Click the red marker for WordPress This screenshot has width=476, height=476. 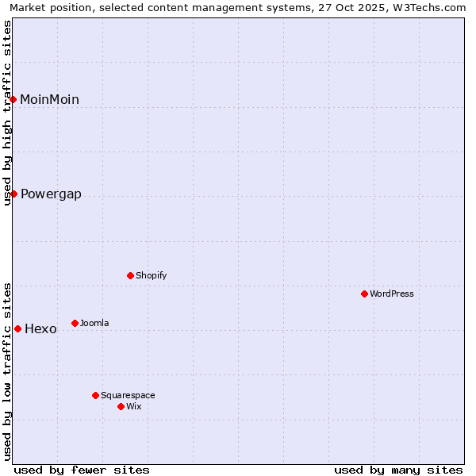pyautogui.click(x=364, y=294)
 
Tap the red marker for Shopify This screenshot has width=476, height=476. pyautogui.click(x=130, y=275)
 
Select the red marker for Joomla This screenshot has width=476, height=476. pyautogui.click(x=75, y=323)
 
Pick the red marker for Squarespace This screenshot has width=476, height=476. pyautogui.click(x=95, y=395)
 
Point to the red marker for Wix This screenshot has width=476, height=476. pyautogui.click(x=121, y=406)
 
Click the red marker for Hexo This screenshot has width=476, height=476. pyautogui.click(x=17, y=328)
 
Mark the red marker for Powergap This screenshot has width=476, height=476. pyautogui.click(x=13, y=194)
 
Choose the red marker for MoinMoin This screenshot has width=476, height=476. pyautogui.click(x=13, y=99)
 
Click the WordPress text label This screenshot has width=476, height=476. pyautogui.click(x=392, y=294)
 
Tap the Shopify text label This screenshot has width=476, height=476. pyautogui.click(x=151, y=275)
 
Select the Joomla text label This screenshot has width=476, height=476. pyautogui.click(x=94, y=323)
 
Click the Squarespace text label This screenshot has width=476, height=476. pyautogui.click(x=128, y=395)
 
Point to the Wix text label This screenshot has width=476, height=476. pyautogui.click(x=133, y=406)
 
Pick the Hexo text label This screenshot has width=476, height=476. pyautogui.click(x=40, y=329)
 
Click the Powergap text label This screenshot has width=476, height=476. pyautogui.click(x=51, y=194)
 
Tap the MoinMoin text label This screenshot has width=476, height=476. pyautogui.click(x=49, y=100)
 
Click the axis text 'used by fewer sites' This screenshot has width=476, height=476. pyautogui.click(x=82, y=470)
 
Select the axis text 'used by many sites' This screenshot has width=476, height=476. pyautogui.click(x=398, y=470)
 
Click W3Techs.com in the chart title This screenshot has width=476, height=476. pyautogui.click(x=428, y=7)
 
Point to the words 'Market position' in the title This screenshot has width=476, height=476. pyautogui.click(x=48, y=7)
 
